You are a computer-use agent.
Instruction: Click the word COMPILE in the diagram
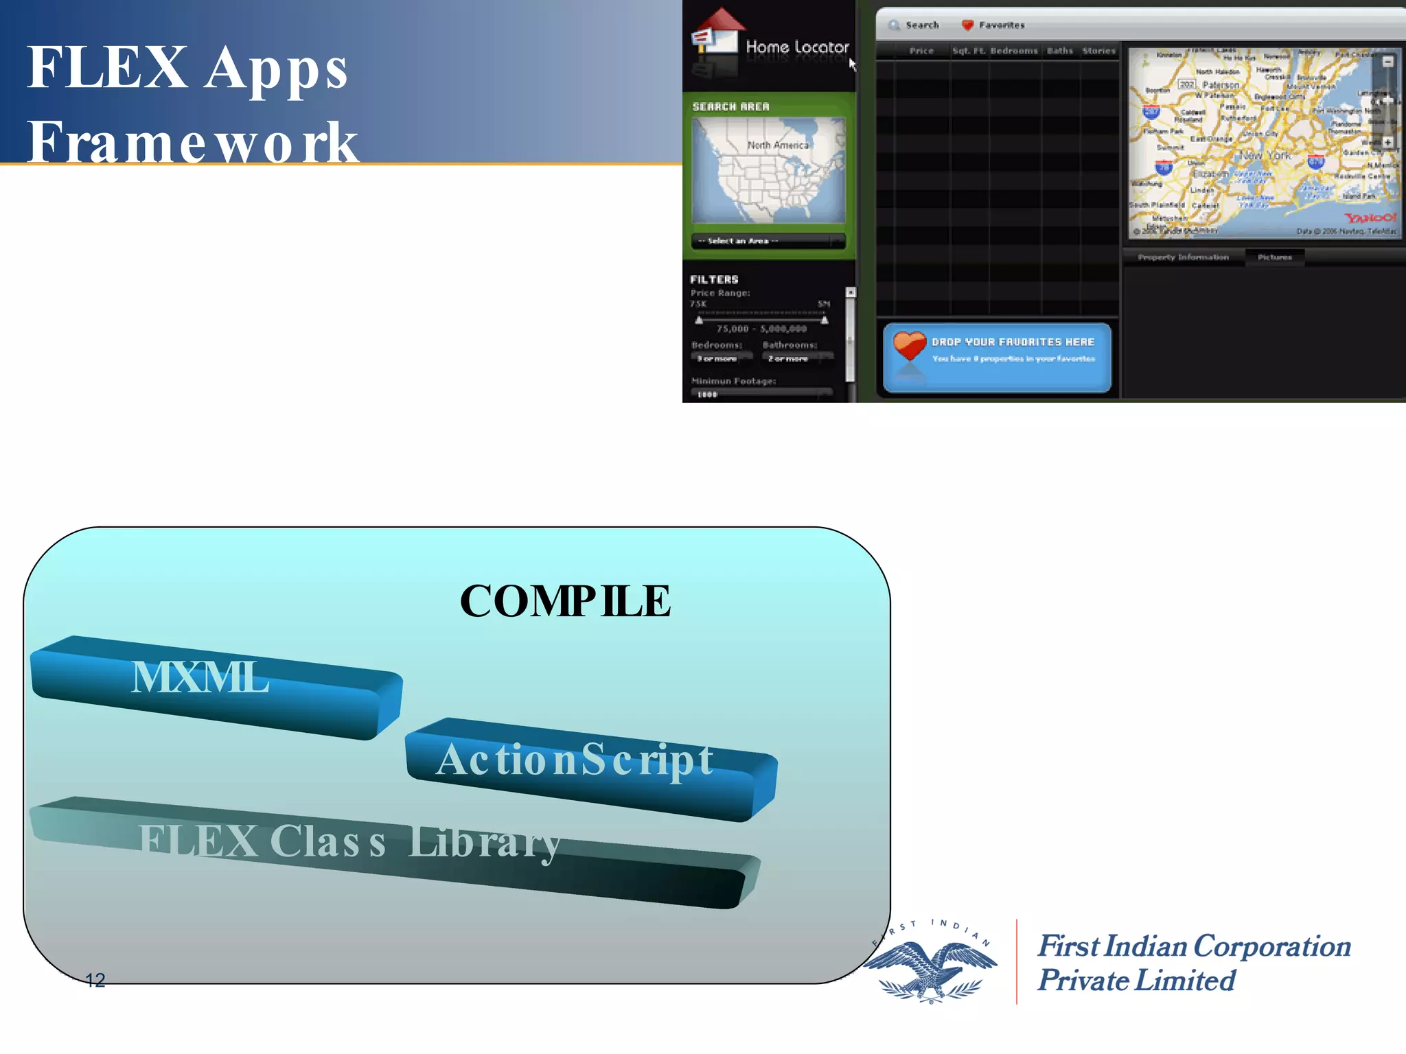coord(565,601)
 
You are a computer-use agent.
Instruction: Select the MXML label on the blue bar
coord(200,677)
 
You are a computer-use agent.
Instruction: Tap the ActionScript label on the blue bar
coord(575,760)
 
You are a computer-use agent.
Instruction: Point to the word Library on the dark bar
coord(485,842)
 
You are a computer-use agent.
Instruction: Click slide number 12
coord(95,980)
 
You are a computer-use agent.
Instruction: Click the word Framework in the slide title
coord(192,142)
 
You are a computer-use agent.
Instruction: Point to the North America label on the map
coord(778,145)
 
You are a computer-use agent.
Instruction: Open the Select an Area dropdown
coord(768,241)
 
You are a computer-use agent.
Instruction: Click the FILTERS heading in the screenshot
coord(714,279)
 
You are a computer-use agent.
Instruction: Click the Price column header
coord(921,51)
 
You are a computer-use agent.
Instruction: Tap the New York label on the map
coord(1265,156)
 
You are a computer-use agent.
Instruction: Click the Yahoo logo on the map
coord(1369,218)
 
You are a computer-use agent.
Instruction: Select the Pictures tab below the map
coord(1274,257)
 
